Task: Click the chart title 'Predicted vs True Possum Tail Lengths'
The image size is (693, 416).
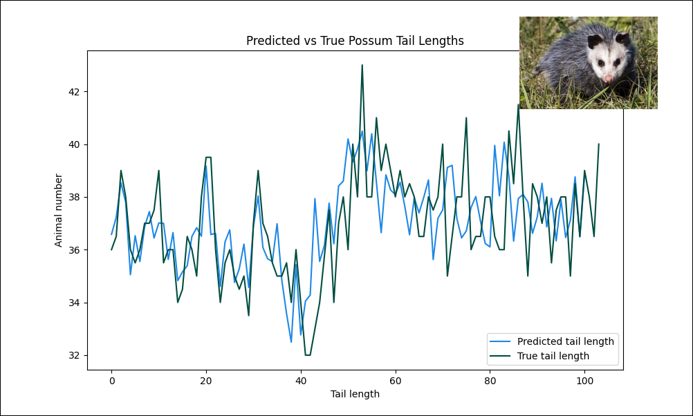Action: click(x=355, y=41)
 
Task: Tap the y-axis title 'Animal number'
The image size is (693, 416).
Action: click(x=59, y=210)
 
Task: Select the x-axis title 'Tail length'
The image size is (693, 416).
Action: click(x=355, y=394)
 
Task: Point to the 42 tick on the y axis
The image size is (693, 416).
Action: click(x=75, y=92)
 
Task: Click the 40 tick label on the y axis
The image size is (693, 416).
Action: click(x=75, y=144)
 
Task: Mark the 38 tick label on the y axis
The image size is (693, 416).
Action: click(x=75, y=197)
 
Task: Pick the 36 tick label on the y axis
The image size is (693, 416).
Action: click(x=75, y=249)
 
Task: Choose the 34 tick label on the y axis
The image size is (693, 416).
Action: click(x=75, y=303)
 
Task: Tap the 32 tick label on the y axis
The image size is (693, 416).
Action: click(x=75, y=355)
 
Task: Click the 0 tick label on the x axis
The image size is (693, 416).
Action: click(x=111, y=381)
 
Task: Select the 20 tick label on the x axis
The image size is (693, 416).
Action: click(x=206, y=381)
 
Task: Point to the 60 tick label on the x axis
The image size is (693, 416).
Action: click(x=395, y=381)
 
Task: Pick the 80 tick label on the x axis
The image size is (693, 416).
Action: click(x=490, y=381)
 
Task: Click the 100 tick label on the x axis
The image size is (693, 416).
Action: click(x=584, y=381)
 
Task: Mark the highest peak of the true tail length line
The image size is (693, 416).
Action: click(x=362, y=65)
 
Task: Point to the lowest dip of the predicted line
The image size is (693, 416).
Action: click(x=291, y=342)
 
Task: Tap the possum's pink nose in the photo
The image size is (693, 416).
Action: click(x=608, y=79)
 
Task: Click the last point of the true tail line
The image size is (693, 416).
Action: click(x=598, y=144)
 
